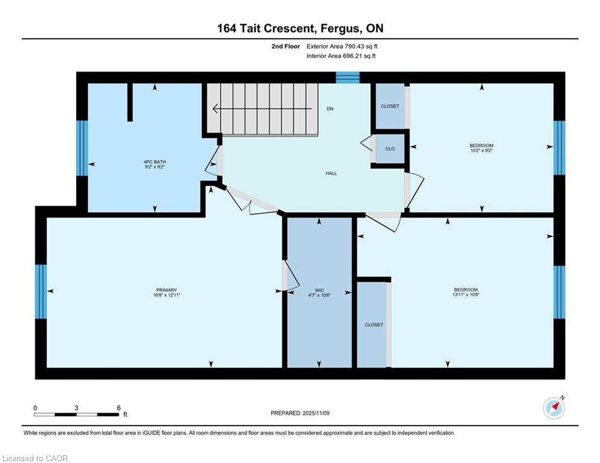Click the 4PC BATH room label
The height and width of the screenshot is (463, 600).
[154, 162]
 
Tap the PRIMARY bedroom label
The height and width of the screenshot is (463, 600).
[166, 290]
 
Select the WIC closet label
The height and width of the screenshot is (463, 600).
[320, 291]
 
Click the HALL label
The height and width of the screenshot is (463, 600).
[332, 174]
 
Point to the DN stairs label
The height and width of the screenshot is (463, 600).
[330, 109]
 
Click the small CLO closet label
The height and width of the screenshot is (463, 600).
[390, 149]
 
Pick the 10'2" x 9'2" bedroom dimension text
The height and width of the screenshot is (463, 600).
[481, 151]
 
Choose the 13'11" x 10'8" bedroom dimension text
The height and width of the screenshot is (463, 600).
[466, 295]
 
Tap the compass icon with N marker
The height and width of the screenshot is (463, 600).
[554, 408]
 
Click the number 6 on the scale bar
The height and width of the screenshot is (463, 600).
[119, 408]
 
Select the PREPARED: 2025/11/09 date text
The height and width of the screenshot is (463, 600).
[300, 413]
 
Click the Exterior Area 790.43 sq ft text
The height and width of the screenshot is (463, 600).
[342, 46]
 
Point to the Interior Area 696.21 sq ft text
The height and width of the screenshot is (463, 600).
[341, 56]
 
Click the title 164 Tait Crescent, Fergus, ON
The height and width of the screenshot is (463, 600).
[300, 28]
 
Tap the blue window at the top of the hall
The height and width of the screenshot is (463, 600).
[348, 78]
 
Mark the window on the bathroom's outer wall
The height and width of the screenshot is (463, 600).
[82, 148]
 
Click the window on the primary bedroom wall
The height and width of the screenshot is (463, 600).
[41, 292]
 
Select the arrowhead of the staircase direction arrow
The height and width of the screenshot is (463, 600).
[215, 109]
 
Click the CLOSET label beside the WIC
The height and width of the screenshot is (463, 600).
[374, 325]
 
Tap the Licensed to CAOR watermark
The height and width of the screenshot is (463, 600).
[35, 458]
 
